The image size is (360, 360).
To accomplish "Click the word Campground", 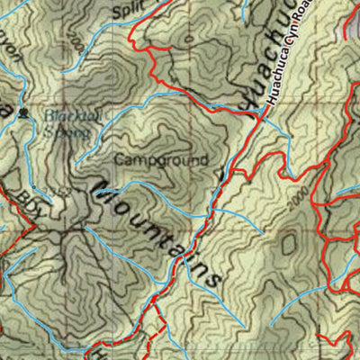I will click(161, 159).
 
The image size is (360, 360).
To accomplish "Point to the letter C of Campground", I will click(119, 159).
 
